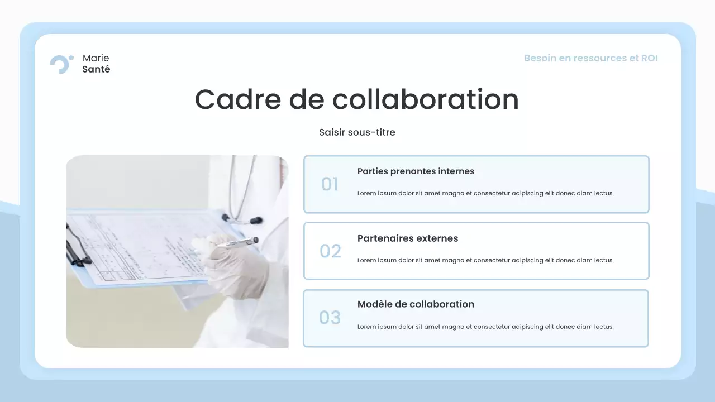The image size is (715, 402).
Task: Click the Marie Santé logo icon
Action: coord(61,64)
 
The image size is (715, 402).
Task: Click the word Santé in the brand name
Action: coord(96,70)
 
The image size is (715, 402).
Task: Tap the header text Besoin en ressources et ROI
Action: coord(590,58)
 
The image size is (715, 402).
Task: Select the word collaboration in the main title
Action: coord(425,99)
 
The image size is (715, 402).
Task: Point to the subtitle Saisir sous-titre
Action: coord(357,132)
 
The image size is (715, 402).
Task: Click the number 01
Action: coord(330,184)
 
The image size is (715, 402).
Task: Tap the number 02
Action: coord(330,251)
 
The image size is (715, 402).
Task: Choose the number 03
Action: coord(330,318)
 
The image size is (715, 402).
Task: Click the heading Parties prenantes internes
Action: coord(416,171)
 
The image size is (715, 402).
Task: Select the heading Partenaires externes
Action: coord(407,238)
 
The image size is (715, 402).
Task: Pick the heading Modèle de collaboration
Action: coord(416,304)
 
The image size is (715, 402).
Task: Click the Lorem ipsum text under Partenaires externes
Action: coord(485,260)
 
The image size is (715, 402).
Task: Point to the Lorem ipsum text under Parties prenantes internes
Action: coord(485,193)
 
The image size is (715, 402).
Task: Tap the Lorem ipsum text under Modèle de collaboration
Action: coord(485,327)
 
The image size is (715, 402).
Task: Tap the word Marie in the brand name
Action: coord(96,58)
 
